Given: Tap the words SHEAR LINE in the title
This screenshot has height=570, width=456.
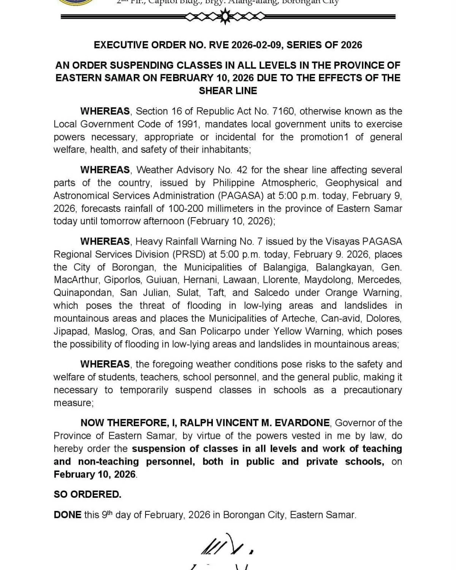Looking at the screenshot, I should [x=228, y=91].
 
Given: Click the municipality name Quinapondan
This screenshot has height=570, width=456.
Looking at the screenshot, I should [x=83, y=293].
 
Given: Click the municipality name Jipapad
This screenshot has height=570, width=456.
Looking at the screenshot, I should [x=71, y=331].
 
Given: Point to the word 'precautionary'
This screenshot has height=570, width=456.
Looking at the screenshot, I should [x=372, y=390].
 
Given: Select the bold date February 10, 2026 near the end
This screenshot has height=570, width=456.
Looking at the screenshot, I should [x=95, y=475].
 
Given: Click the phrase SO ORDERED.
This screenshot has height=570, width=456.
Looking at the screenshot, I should [x=87, y=494].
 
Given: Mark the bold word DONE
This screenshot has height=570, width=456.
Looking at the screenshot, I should [x=67, y=515].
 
